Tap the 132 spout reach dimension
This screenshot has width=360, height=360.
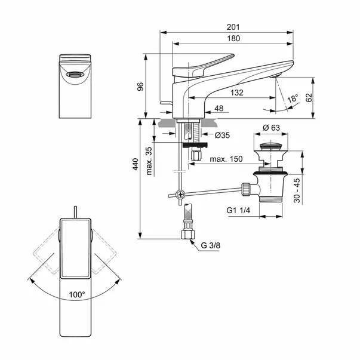point(236,93)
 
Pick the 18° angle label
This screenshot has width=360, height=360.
point(291,99)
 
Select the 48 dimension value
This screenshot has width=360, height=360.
point(219,108)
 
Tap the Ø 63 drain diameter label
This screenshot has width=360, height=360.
point(272,127)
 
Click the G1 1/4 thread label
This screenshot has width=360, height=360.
point(239,211)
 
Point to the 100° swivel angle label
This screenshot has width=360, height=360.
point(76,294)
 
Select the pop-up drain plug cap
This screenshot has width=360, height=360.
point(271,144)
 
